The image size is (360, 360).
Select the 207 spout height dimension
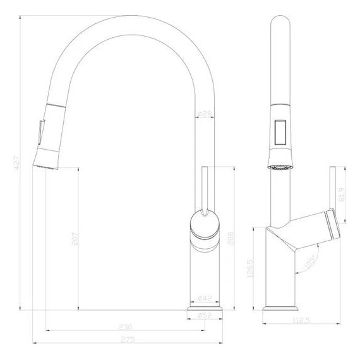pyautogui.click(x=74, y=240)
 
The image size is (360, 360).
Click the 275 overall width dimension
pyautogui.click(x=128, y=343)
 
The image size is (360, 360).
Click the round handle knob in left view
pyautogui.click(x=203, y=225)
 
